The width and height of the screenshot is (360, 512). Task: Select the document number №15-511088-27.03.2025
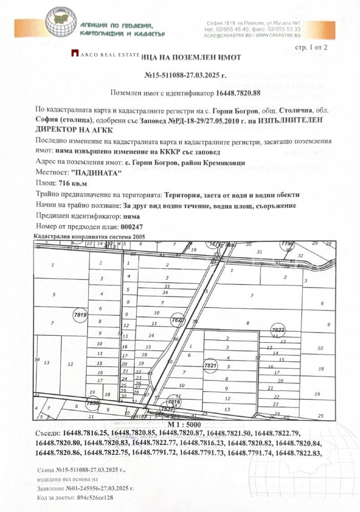[185, 75]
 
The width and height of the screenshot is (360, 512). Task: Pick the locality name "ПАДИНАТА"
[96, 173]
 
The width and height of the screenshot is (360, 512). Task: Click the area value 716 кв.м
[73, 184]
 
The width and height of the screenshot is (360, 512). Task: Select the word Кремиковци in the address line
[223, 162]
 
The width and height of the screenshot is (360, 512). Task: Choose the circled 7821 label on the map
[211, 366]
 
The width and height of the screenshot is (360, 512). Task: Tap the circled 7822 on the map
[278, 330]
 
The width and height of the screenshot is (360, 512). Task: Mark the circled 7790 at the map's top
[287, 243]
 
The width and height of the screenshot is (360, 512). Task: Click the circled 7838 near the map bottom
[93, 403]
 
